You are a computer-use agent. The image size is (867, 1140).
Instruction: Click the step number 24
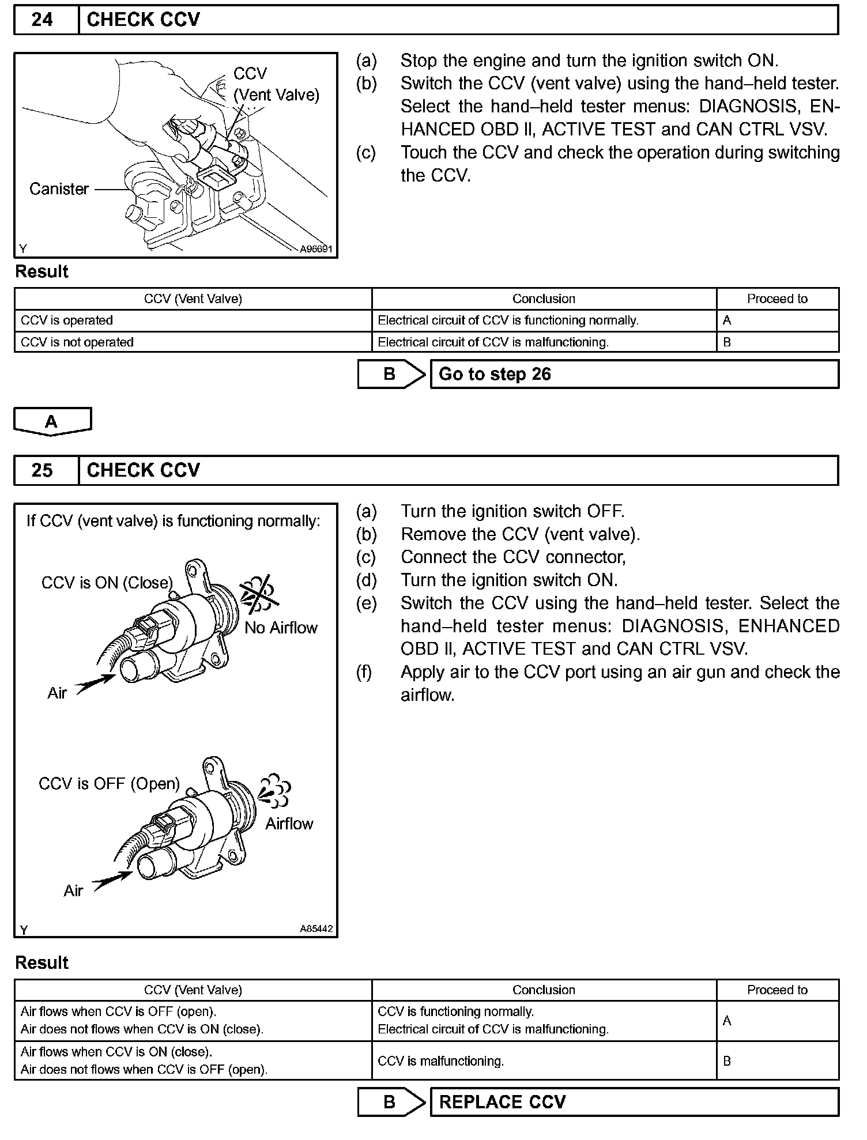[x=42, y=20]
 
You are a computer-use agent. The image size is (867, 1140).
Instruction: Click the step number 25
[x=42, y=470]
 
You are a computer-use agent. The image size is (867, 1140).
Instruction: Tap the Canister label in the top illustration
[x=59, y=189]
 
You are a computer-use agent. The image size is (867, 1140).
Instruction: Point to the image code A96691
[x=316, y=250]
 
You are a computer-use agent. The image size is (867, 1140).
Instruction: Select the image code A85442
[x=316, y=930]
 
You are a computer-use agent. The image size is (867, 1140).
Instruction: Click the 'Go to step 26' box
[x=634, y=375]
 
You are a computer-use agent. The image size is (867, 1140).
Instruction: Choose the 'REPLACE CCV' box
[x=634, y=1102]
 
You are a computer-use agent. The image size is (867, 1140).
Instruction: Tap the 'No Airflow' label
[x=281, y=628]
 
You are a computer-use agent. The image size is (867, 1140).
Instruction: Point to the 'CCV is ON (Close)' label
[x=107, y=583]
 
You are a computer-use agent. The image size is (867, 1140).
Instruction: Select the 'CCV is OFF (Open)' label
[x=109, y=784]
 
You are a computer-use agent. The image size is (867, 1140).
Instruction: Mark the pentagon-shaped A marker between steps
[x=52, y=421]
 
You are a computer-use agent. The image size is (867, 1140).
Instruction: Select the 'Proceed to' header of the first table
[x=777, y=299]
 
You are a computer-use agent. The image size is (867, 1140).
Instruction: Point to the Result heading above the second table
[x=42, y=962]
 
